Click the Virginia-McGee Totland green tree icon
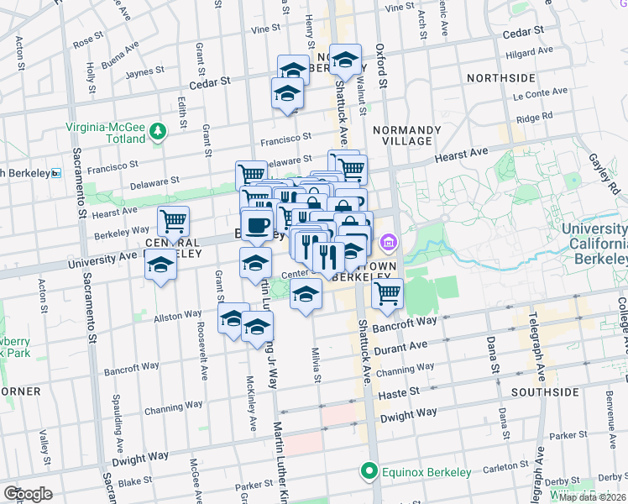(157, 130)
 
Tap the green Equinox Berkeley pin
(367, 471)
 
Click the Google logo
(28, 494)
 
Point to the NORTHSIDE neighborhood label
(500, 78)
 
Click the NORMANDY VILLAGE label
(406, 135)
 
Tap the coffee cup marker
(257, 225)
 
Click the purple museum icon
(387, 244)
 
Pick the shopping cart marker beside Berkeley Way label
(174, 221)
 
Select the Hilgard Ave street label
(530, 52)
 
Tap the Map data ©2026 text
(591, 497)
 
